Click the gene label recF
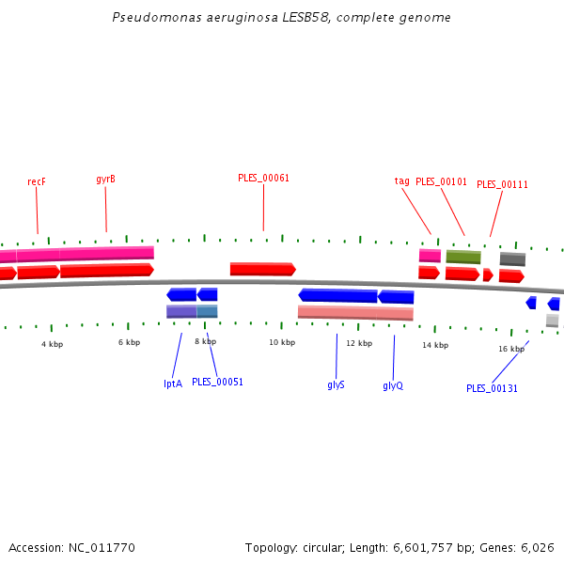click(37, 181)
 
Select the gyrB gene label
click(105, 180)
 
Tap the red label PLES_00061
click(263, 178)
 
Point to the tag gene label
click(401, 180)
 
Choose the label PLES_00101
click(441, 181)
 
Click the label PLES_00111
click(502, 184)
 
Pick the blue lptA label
click(173, 383)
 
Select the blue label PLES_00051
click(217, 382)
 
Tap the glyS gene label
click(336, 385)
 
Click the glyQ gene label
click(393, 385)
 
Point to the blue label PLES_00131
click(492, 388)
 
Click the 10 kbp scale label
click(282, 342)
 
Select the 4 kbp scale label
click(52, 344)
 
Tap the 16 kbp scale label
click(511, 349)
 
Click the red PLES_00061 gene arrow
click(262, 269)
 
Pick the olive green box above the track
click(462, 257)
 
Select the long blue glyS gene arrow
click(337, 295)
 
